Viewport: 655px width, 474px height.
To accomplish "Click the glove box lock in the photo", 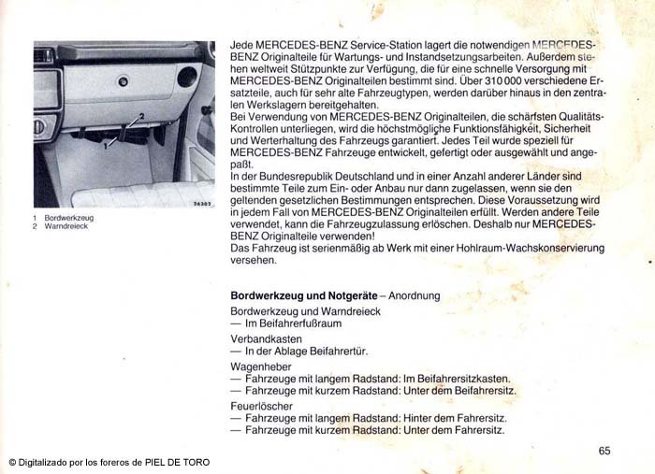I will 123,81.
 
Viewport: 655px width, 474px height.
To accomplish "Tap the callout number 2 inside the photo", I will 140,116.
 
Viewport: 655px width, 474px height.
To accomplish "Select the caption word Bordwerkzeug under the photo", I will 68,218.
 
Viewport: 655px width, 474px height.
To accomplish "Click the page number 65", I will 604,451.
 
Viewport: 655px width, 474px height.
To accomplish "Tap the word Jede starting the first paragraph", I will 243,43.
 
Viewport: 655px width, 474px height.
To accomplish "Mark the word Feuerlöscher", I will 259,406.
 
